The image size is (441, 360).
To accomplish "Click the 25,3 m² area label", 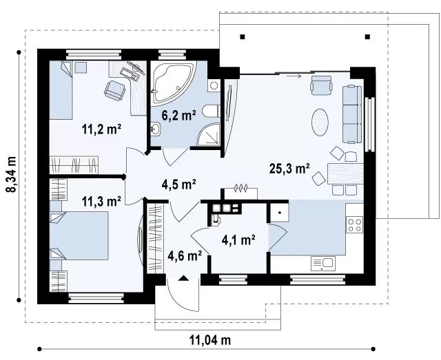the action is click(x=289, y=169).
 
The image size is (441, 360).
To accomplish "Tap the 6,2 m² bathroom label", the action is click(x=178, y=115).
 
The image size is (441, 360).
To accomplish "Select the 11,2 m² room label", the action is click(x=101, y=129).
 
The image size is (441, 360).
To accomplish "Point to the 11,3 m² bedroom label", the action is click(x=101, y=201).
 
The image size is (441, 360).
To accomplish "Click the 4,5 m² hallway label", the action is click(x=179, y=184).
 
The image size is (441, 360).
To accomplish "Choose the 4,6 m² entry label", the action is click(x=185, y=255).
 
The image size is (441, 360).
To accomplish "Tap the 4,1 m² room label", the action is click(x=238, y=240).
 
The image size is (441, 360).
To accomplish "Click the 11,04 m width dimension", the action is click(x=210, y=340).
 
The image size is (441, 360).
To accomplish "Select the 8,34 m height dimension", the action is click(x=12, y=175).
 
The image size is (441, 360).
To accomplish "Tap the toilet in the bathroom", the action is click(x=211, y=111).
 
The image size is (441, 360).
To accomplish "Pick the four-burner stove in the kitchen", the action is click(x=355, y=224).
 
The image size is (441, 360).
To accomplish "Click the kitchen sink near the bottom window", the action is click(x=323, y=264).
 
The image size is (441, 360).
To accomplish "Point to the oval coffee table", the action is click(x=320, y=123).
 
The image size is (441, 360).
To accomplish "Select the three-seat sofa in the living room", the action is click(x=352, y=114).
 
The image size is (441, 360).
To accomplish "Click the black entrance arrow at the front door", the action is click(x=184, y=278).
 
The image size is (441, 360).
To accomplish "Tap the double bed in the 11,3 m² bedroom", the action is click(x=79, y=235).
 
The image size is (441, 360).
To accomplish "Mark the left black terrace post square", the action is click(x=243, y=36).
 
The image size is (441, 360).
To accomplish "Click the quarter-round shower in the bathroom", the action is click(x=208, y=135).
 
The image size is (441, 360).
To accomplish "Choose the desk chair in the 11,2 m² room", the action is click(x=114, y=90).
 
